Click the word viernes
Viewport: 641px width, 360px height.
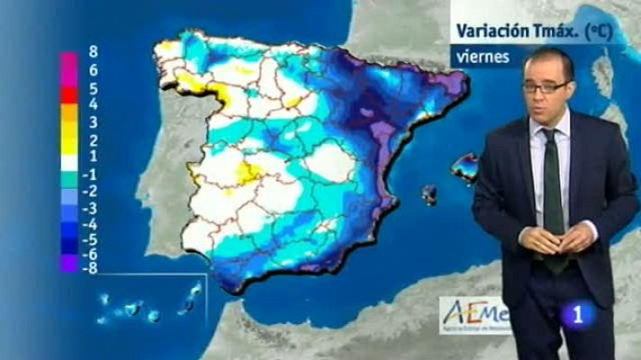[x=482, y=57]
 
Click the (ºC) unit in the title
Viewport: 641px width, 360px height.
[x=598, y=30]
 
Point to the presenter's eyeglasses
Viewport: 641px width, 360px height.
[x=546, y=87]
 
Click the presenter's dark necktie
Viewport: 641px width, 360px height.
[x=553, y=193]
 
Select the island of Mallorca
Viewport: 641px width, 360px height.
[x=465, y=167]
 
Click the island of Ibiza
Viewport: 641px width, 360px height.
[x=429, y=194]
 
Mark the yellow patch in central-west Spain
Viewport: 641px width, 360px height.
[x=250, y=170]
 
